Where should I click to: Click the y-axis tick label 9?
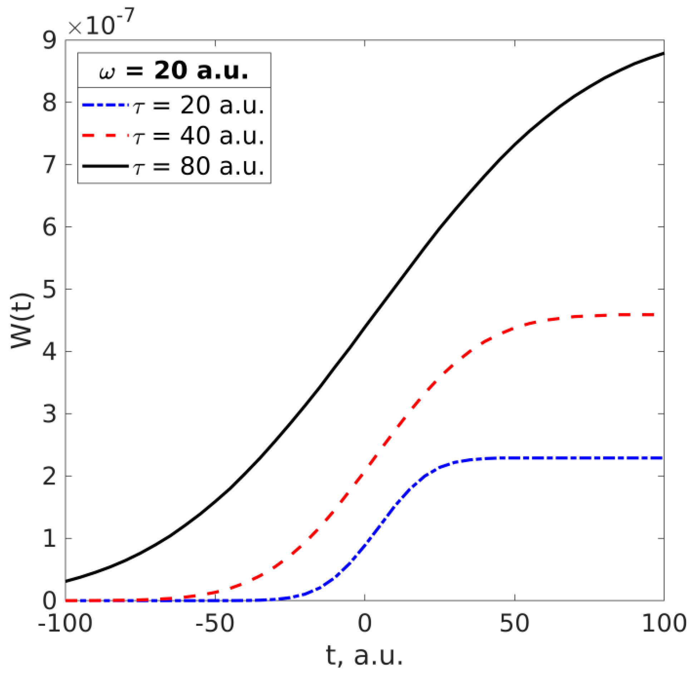(x=50, y=41)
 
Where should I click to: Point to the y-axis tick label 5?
(x=50, y=289)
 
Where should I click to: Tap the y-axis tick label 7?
(x=50, y=165)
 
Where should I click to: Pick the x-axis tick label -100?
(x=65, y=624)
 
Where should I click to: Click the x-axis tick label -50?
(x=215, y=624)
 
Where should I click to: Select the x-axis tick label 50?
(x=514, y=624)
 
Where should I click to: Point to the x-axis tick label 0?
(x=365, y=624)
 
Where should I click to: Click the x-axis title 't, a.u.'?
(x=365, y=656)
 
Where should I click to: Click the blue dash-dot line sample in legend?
(x=105, y=105)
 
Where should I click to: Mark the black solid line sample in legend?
(x=105, y=166)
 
